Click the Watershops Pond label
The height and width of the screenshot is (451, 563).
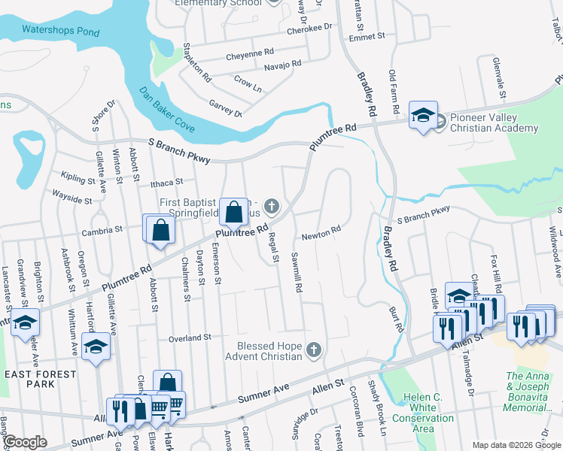(60, 31)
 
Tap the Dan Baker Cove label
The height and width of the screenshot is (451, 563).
(167, 110)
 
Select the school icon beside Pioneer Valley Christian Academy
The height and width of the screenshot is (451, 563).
(423, 116)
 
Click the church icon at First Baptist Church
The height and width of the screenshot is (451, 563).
(272, 205)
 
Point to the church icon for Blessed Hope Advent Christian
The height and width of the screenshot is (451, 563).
(315, 350)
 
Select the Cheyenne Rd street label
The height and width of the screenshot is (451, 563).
(250, 53)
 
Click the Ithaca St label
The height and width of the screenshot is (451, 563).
(167, 182)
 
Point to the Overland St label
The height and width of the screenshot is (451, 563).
(190, 338)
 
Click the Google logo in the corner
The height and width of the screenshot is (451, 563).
(24, 442)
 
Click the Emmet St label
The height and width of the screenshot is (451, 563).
(367, 35)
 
